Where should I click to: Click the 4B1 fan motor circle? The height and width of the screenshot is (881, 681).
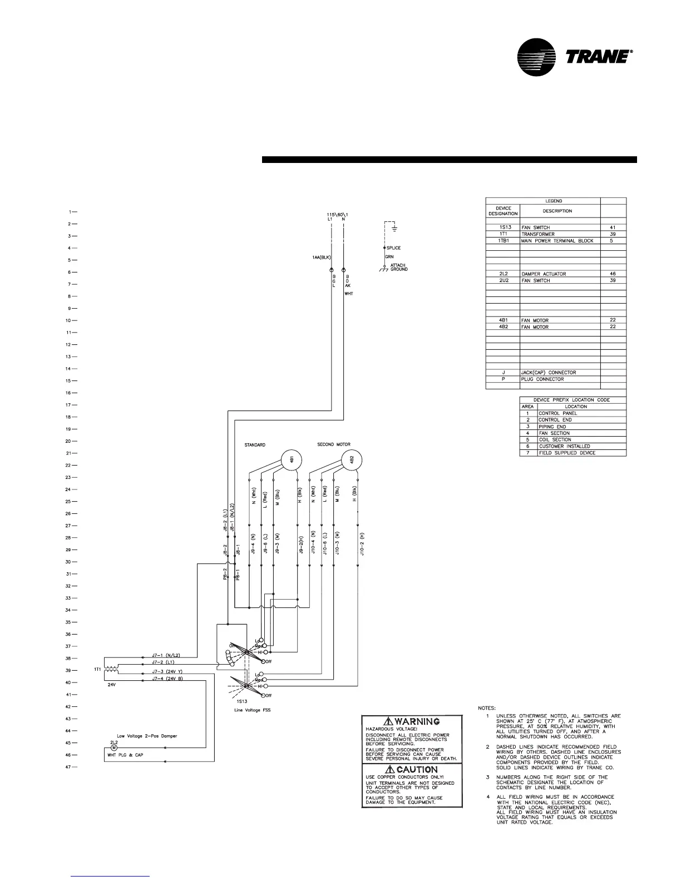(x=292, y=459)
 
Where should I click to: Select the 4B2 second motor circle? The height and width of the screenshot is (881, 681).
(x=351, y=459)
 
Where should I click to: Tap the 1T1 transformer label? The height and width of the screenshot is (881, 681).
(x=98, y=670)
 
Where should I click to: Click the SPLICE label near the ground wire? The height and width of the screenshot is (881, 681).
(x=393, y=248)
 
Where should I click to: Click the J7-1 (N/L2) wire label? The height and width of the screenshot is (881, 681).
(x=165, y=656)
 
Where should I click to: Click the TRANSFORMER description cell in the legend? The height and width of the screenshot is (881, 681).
(x=536, y=234)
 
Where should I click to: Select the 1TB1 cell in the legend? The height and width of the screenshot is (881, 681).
(x=503, y=241)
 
